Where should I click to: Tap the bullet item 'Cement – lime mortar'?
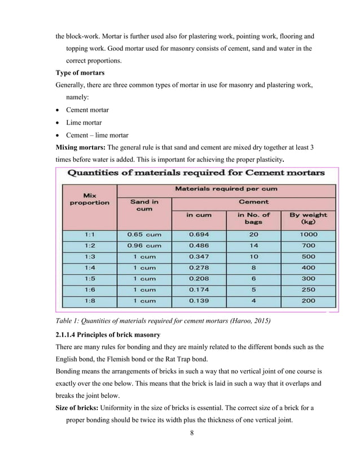coord(97,135)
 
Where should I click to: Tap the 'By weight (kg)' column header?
coord(308,218)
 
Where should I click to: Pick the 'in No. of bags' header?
coord(253,218)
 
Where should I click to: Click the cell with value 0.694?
coord(199,235)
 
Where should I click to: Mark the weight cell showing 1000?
coord(308,235)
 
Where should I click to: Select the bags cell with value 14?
coord(253,246)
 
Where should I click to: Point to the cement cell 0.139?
coord(199,301)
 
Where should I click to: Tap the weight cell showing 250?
coord(308,289)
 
